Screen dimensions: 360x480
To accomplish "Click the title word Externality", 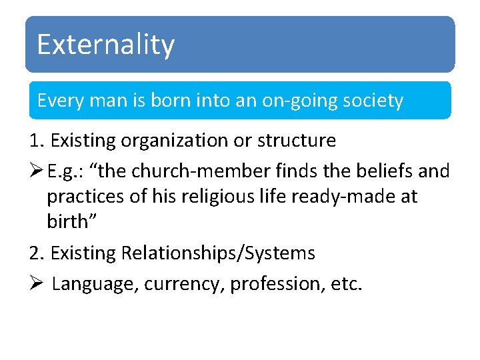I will point(105,45).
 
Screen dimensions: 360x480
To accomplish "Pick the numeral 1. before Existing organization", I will point(37,141).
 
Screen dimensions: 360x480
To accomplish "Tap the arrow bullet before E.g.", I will point(37,171).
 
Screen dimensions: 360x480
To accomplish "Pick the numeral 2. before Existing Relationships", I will point(37,253).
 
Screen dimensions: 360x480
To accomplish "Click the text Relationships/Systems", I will point(218,253).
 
